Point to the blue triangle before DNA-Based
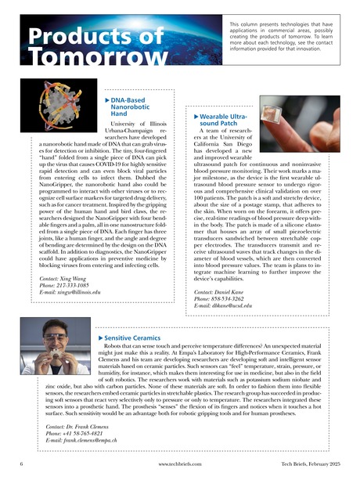(x=107, y=101)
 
